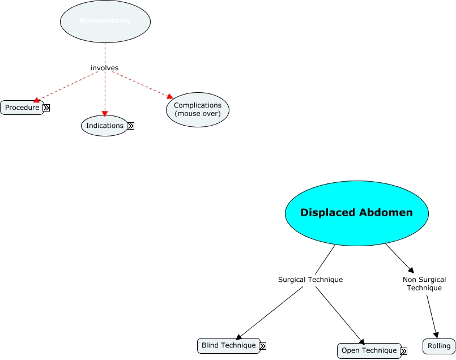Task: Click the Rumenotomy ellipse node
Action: tap(105, 22)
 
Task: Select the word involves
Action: tap(105, 68)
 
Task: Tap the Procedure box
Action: tap(22, 108)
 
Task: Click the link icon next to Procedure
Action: tap(46, 108)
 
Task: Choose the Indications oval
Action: tap(104, 126)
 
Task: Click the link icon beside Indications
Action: tap(130, 126)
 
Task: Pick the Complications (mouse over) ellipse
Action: tap(197, 109)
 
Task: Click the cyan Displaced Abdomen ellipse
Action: tap(356, 213)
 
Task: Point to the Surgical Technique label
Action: tap(310, 280)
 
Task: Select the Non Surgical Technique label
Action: tap(424, 284)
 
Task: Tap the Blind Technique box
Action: tap(229, 345)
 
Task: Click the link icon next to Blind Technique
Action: tap(263, 346)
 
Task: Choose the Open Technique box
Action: tap(369, 350)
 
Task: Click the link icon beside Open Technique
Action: tap(403, 351)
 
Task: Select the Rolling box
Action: tap(439, 346)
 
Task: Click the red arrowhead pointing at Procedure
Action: tap(36, 100)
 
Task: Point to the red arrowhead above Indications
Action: tap(105, 114)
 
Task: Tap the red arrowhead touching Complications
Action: tap(169, 96)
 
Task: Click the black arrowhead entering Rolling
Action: tap(436, 335)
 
